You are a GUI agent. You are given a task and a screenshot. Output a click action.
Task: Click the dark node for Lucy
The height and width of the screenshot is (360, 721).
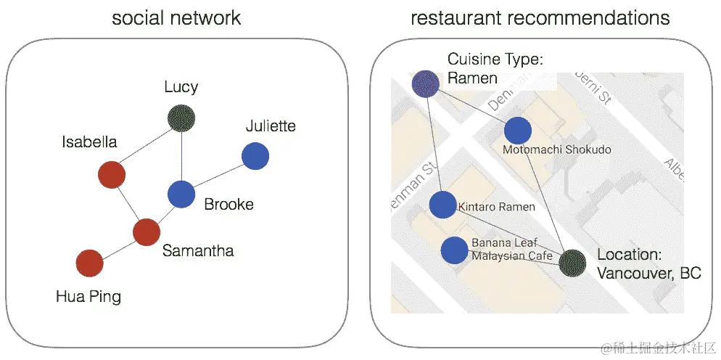[x=181, y=117]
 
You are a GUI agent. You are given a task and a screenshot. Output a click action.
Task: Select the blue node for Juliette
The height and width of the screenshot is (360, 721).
[x=255, y=156]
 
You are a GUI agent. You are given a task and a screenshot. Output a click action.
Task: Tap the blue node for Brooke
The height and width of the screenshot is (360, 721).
[x=181, y=194]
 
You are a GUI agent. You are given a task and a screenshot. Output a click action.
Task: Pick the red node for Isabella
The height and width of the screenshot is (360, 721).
[x=112, y=175]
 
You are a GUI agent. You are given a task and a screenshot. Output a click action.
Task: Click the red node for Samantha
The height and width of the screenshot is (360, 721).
[x=147, y=232]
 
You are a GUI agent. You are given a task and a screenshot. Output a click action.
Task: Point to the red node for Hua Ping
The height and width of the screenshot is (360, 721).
[x=89, y=263]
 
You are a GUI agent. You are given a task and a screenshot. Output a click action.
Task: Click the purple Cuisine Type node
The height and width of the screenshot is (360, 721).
[x=425, y=84]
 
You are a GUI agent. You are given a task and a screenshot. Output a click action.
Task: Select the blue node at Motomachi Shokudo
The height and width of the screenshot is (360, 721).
[x=518, y=131]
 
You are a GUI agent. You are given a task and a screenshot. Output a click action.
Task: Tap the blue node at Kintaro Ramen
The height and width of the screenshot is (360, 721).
[x=442, y=205]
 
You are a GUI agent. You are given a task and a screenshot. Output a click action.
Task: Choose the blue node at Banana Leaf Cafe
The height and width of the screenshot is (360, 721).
[x=454, y=250]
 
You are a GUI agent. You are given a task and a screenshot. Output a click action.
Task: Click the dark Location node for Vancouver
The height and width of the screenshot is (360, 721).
[x=572, y=263]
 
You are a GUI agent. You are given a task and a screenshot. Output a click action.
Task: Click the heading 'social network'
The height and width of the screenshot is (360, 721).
[x=176, y=18]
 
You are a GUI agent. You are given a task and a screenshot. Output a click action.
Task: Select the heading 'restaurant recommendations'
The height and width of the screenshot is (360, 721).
[x=540, y=18]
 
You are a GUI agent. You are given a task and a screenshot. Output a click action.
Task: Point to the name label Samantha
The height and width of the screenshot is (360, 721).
[x=198, y=251]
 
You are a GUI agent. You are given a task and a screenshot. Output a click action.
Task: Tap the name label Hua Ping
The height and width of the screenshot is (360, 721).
[x=88, y=296]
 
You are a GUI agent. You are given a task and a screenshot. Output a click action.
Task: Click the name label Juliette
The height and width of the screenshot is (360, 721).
[x=271, y=126]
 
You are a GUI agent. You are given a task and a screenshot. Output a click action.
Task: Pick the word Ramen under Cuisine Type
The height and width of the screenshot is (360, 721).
[x=472, y=78]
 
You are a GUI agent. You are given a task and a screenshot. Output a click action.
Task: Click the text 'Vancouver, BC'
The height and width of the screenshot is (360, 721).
[x=648, y=274]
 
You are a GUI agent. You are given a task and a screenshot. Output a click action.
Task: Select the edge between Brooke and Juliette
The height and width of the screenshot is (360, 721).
[x=218, y=175]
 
